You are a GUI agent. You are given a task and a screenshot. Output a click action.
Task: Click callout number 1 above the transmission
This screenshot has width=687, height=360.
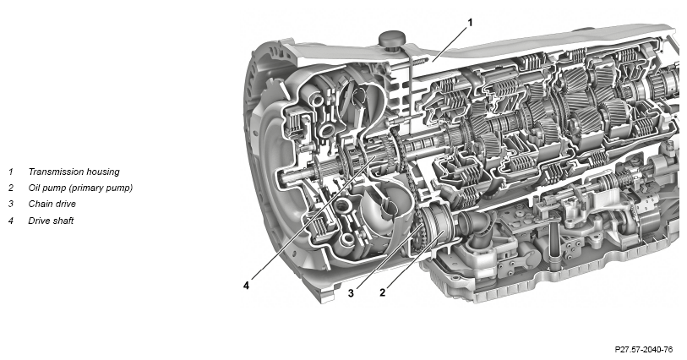click(470, 22)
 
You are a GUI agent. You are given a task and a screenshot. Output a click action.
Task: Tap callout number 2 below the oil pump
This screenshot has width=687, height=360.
click(383, 292)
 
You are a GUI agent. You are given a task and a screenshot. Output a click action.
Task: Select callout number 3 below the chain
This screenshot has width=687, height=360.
click(351, 293)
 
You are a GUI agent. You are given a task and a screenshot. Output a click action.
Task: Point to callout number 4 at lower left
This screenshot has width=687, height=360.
click(246, 286)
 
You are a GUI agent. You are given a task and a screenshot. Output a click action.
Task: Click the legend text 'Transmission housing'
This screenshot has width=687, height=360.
click(74, 172)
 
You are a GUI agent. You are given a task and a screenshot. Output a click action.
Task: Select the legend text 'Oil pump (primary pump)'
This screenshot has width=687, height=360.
click(80, 188)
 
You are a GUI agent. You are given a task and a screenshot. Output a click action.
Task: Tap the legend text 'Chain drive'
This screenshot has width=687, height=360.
click(52, 204)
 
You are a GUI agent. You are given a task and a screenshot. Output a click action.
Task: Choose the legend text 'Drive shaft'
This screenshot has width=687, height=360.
click(51, 221)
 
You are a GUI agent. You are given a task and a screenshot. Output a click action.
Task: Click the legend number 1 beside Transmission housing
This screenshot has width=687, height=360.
click(11, 172)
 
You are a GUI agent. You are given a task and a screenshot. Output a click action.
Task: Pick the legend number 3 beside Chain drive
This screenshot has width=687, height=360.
click(11, 204)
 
